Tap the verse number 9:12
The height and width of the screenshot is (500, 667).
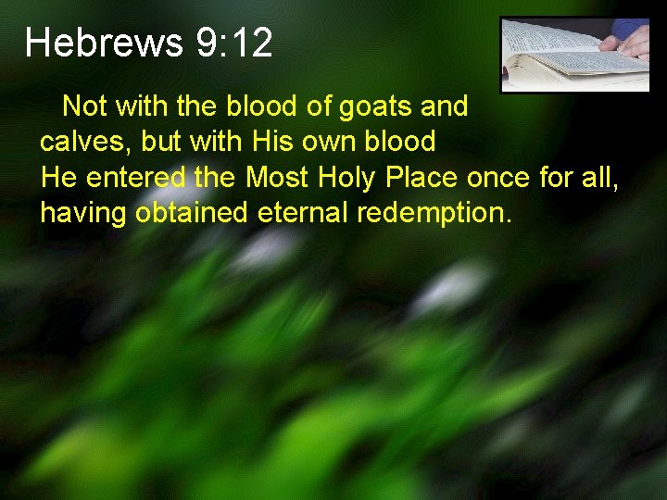click(234, 44)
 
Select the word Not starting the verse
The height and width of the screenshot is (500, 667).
click(84, 107)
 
